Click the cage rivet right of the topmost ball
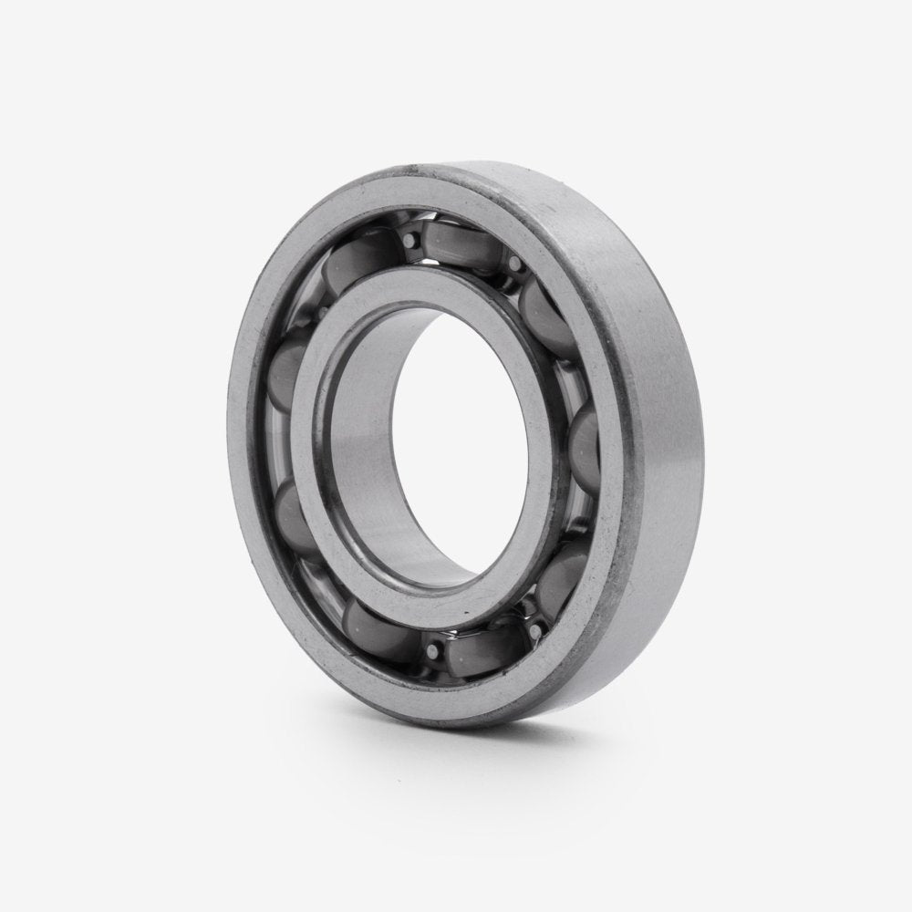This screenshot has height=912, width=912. point(516,264)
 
